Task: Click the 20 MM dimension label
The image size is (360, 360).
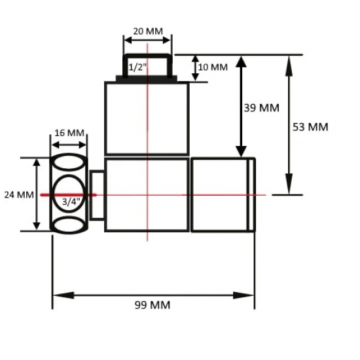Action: pos(147,31)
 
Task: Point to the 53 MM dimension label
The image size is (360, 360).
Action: pos(310,126)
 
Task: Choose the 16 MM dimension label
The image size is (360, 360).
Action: pos(69,133)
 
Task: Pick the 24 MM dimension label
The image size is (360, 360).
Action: pos(18,194)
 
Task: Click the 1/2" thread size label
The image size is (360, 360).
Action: pos(138,67)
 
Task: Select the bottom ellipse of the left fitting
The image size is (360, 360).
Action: pos(69,225)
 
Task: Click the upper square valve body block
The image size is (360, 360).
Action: pos(147,118)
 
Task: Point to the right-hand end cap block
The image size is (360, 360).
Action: pos(223,194)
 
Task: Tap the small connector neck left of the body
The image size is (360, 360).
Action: pos(97,194)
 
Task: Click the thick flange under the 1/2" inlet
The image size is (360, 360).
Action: pos(147,79)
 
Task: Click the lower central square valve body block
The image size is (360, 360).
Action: pos(147,194)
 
